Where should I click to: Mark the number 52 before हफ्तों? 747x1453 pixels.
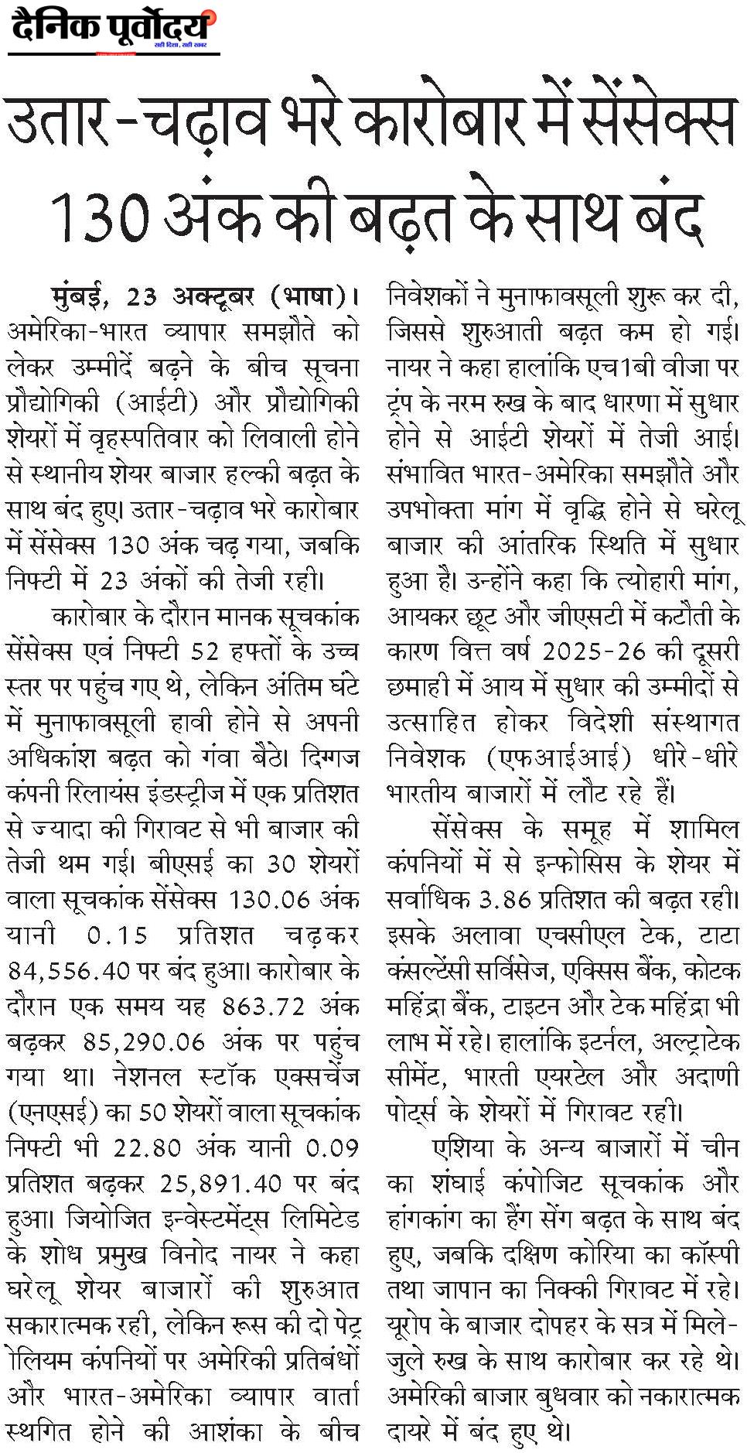click(x=205, y=651)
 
